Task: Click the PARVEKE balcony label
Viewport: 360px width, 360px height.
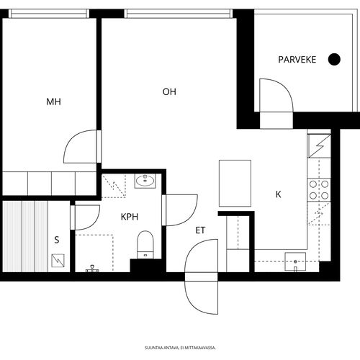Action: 297,60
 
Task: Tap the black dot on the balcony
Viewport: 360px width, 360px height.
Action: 334,59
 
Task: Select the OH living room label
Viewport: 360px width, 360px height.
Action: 169,91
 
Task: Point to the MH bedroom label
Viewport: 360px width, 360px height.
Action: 53,102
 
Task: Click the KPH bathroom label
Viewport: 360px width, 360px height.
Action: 130,217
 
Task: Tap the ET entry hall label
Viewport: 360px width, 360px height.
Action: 200,230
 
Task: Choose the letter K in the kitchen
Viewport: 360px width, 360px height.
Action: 279,194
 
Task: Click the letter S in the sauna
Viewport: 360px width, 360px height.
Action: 57,240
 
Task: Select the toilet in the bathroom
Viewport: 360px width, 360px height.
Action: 145,245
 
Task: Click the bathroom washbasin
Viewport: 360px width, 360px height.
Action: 145,181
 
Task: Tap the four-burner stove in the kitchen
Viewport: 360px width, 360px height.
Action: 319,190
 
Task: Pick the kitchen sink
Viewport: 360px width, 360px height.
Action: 295,261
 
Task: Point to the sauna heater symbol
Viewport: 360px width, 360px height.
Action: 58,261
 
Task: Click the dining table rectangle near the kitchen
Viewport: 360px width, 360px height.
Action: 235,183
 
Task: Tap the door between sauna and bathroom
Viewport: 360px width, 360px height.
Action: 86,217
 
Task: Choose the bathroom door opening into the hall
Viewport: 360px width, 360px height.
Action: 180,210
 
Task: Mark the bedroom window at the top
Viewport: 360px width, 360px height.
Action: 49,14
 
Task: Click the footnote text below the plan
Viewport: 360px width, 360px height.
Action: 180,348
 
